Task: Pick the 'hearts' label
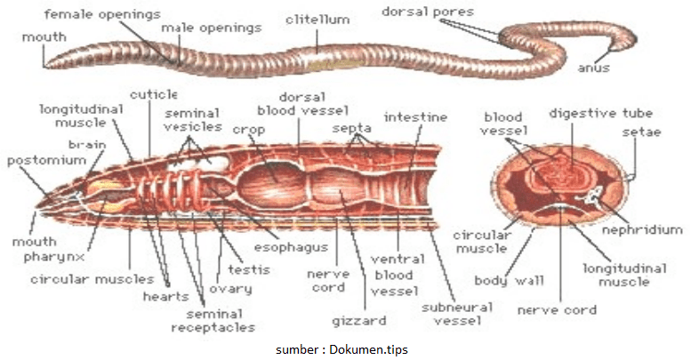tap(165, 296)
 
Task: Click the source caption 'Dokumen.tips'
tap(373, 349)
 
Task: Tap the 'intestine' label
tap(415, 116)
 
